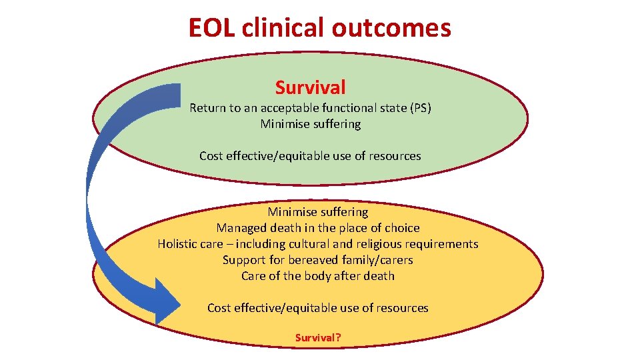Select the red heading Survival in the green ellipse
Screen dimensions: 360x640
(310, 87)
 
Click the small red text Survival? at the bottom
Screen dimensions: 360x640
(318, 338)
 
